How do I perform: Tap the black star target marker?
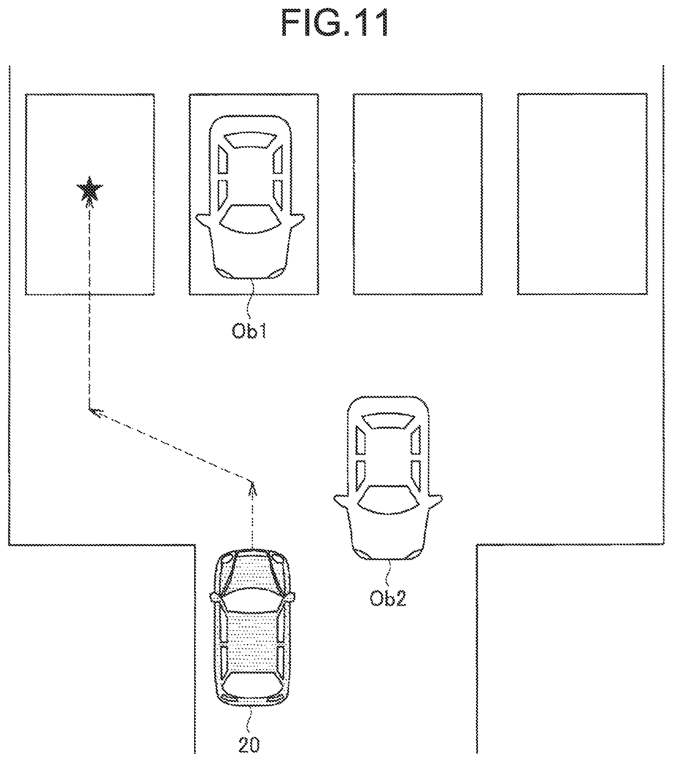[x=90, y=189]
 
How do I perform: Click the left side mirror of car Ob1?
[x=203, y=219]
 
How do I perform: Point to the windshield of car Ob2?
[x=388, y=499]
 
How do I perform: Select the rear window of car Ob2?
[x=388, y=421]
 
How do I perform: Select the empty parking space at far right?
[x=582, y=194]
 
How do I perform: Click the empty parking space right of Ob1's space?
[x=418, y=194]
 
